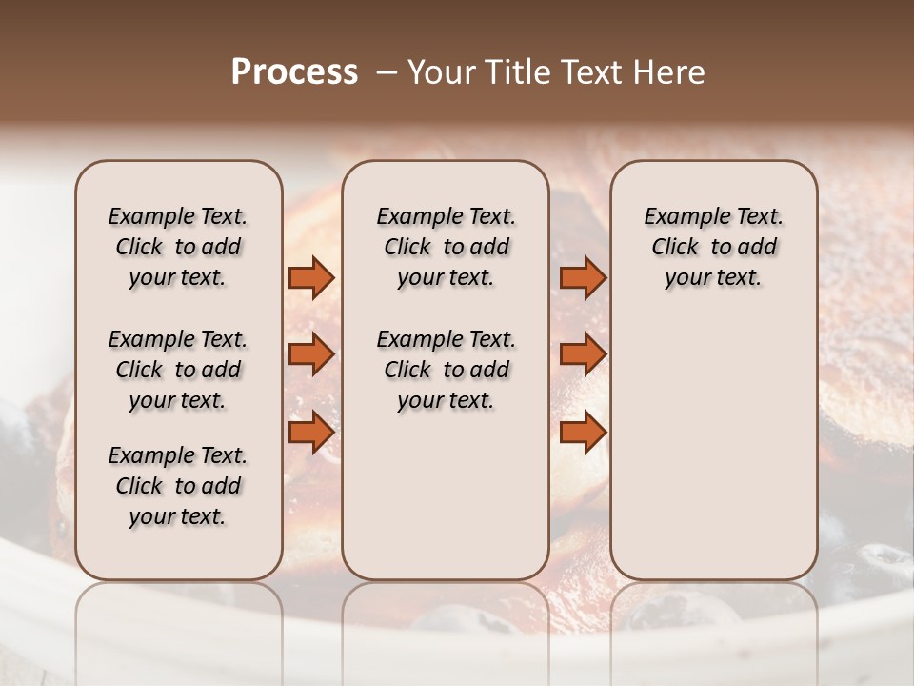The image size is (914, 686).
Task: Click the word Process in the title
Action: click(x=294, y=72)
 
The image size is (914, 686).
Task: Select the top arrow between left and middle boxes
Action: click(x=311, y=277)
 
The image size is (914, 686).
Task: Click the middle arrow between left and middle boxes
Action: click(x=311, y=354)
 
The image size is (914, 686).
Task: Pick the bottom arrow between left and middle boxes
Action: click(x=311, y=433)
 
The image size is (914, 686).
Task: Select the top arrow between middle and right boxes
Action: click(x=583, y=277)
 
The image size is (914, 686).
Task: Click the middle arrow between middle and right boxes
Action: click(x=583, y=354)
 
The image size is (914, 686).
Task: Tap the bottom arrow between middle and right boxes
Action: click(x=583, y=433)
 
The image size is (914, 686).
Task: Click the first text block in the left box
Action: click(x=178, y=247)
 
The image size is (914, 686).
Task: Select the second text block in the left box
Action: click(x=178, y=370)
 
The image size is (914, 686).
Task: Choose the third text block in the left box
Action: click(x=178, y=486)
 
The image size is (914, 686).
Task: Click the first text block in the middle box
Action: click(x=446, y=247)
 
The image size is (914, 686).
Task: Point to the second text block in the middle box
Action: click(x=446, y=370)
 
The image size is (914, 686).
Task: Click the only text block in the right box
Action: click(x=713, y=247)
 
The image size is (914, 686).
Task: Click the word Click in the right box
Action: click(x=675, y=248)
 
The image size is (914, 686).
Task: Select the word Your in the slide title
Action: click(x=437, y=72)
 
